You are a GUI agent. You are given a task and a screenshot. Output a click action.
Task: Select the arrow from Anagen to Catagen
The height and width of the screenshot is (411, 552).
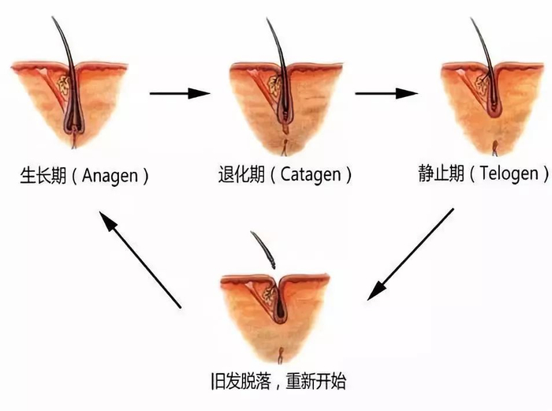(x=180, y=94)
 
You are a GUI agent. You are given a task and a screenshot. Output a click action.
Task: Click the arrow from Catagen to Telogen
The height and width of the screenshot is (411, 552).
(x=386, y=94)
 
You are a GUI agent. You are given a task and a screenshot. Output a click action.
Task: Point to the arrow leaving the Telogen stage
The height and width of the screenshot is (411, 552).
(x=411, y=254)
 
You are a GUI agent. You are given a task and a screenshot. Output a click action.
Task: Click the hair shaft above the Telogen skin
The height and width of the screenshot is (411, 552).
(x=479, y=35)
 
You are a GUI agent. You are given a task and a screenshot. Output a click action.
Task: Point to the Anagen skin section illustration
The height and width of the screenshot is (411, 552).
(x=71, y=99)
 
